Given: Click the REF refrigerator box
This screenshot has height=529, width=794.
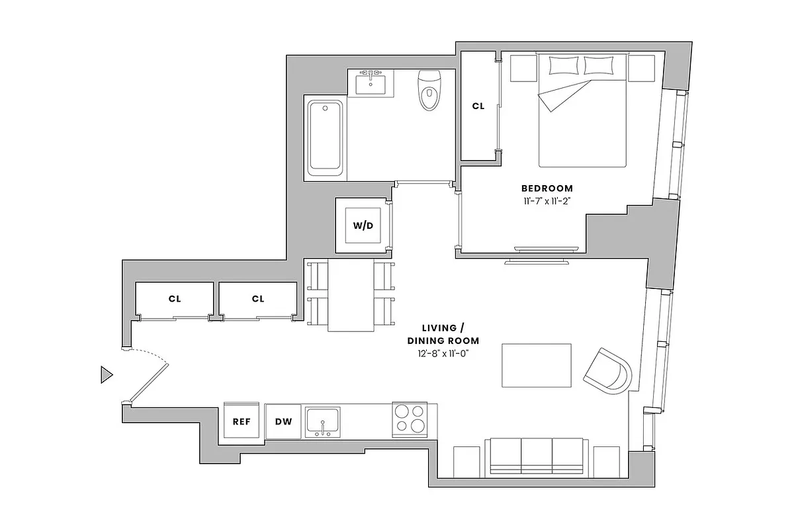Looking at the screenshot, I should [242, 421].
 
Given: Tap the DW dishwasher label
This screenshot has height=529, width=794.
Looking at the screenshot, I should [283, 422].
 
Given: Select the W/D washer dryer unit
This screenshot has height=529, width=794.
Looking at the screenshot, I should [362, 225].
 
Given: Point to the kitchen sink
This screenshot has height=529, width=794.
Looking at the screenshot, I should [322, 421].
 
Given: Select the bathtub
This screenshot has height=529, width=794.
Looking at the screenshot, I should [325, 137].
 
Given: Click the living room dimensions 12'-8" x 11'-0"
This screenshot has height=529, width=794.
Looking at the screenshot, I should [443, 354].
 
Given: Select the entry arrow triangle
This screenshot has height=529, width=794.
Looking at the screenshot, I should [106, 375].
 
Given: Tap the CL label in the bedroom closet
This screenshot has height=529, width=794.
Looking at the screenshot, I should [478, 106].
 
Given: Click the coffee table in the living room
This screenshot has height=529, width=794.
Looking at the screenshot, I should [537, 365].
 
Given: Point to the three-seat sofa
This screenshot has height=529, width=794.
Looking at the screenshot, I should [537, 457].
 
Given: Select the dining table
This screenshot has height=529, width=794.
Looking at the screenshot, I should [351, 295].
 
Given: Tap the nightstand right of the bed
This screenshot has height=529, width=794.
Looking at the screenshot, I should [640, 68].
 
